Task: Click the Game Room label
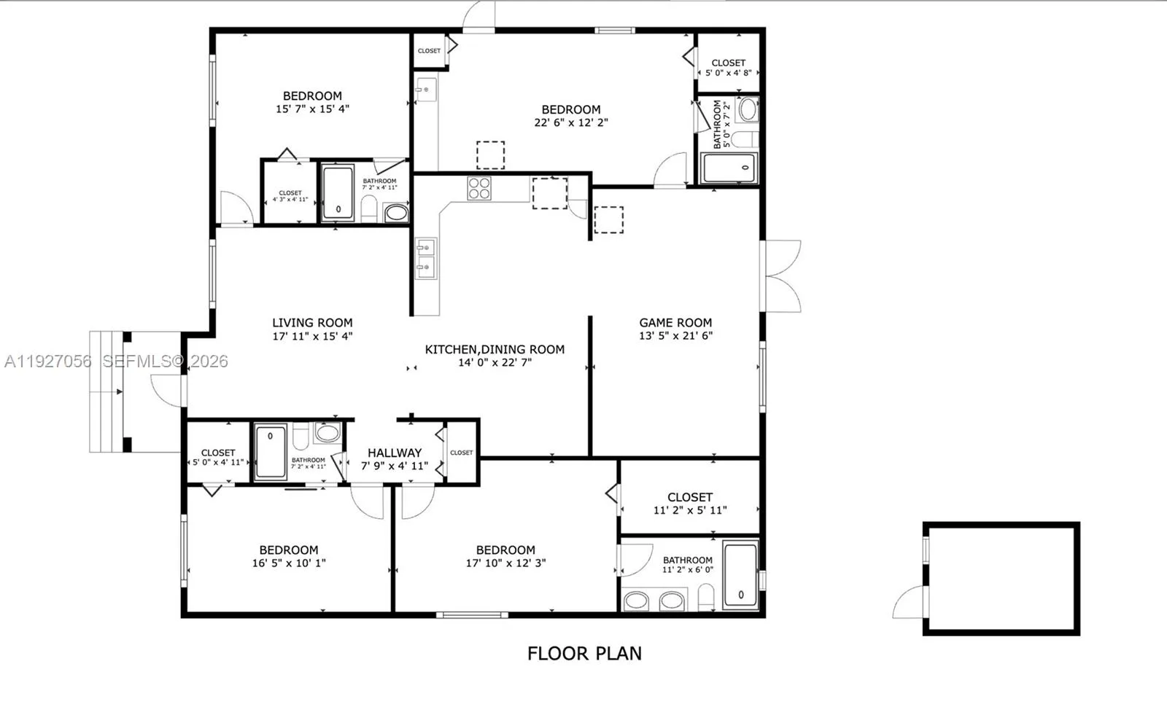click(x=675, y=322)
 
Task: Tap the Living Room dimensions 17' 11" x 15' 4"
click(x=312, y=336)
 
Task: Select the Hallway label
click(x=394, y=453)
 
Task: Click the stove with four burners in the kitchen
click(x=479, y=188)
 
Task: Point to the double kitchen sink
click(x=425, y=258)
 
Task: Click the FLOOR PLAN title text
click(x=584, y=653)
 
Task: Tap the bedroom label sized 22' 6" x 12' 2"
click(x=571, y=110)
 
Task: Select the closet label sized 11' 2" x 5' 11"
click(x=689, y=497)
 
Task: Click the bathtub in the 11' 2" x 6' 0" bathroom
click(x=740, y=576)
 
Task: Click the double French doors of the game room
click(x=782, y=276)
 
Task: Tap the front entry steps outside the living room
click(x=106, y=391)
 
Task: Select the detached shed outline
click(x=1001, y=579)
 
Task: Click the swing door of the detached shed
click(x=909, y=604)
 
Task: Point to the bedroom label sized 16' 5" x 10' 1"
click(x=289, y=550)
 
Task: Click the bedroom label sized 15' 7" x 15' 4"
click(x=312, y=96)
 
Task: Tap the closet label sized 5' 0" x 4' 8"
click(x=728, y=63)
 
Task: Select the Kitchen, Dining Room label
click(x=495, y=349)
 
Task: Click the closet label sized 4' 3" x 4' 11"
click(x=290, y=193)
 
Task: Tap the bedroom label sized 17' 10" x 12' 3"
click(x=505, y=550)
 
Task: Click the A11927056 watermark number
click(x=48, y=361)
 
